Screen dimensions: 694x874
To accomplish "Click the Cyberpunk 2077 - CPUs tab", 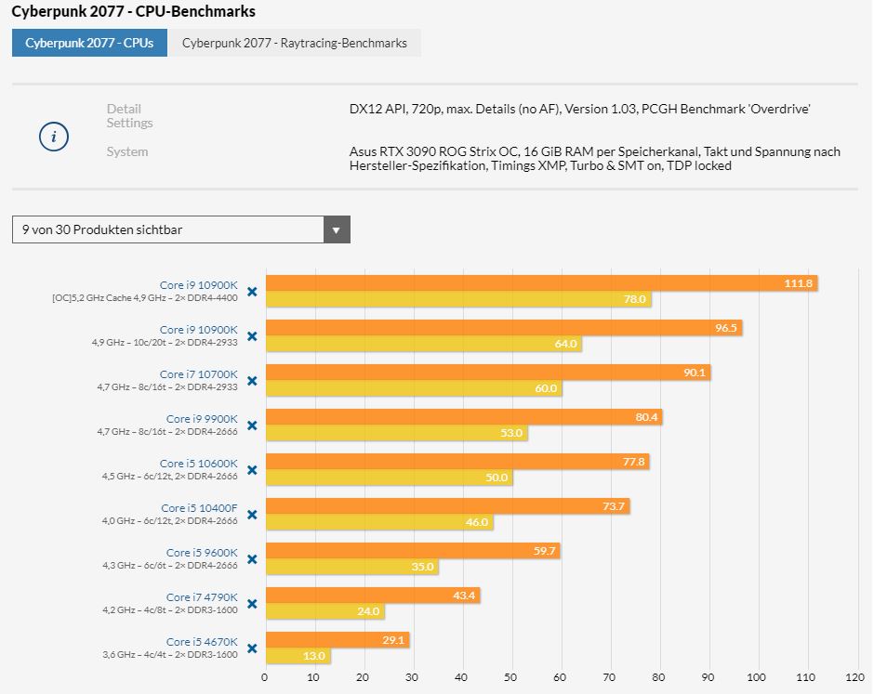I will (x=89, y=43).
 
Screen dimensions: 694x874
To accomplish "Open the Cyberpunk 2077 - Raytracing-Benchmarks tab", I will (x=294, y=43).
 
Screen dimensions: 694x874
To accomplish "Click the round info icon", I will (x=54, y=137).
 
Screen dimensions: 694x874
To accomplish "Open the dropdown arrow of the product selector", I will (x=337, y=229).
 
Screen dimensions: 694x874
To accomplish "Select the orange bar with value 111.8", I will (x=541, y=283).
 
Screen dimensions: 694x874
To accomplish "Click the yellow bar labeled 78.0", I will (x=457, y=299).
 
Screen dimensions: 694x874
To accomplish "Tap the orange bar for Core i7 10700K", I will (x=488, y=373).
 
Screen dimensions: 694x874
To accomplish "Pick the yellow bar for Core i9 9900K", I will (x=396, y=433).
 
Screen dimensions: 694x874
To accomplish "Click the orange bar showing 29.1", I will (x=338, y=640).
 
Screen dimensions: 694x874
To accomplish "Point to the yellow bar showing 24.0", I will (x=324, y=611).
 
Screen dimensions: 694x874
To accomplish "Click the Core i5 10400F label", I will (x=199, y=508).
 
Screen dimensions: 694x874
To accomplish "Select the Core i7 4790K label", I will (x=202, y=597).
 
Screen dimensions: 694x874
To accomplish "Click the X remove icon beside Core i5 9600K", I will (x=252, y=559).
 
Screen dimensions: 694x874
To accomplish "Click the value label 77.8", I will (x=634, y=462).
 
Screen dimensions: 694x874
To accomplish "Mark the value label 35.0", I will (x=422, y=567).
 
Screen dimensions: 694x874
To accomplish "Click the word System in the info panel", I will (x=127, y=151).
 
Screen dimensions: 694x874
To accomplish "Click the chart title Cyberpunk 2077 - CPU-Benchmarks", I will (x=133, y=12).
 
